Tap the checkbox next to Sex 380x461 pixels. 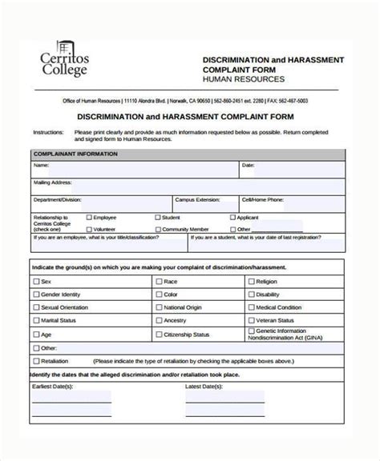35,282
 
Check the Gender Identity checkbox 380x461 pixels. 35,295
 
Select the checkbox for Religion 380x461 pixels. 251,282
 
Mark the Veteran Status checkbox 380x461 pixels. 251,320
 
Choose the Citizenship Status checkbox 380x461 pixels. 158,334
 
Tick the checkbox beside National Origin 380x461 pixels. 158,307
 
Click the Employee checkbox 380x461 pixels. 89,217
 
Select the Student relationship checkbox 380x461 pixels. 156,217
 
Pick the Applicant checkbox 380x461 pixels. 231,217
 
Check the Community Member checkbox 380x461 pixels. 156,228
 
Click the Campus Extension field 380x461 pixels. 205,204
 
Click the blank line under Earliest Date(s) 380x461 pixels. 72,400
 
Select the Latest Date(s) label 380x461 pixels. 204,386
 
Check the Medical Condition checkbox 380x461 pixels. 251,307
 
